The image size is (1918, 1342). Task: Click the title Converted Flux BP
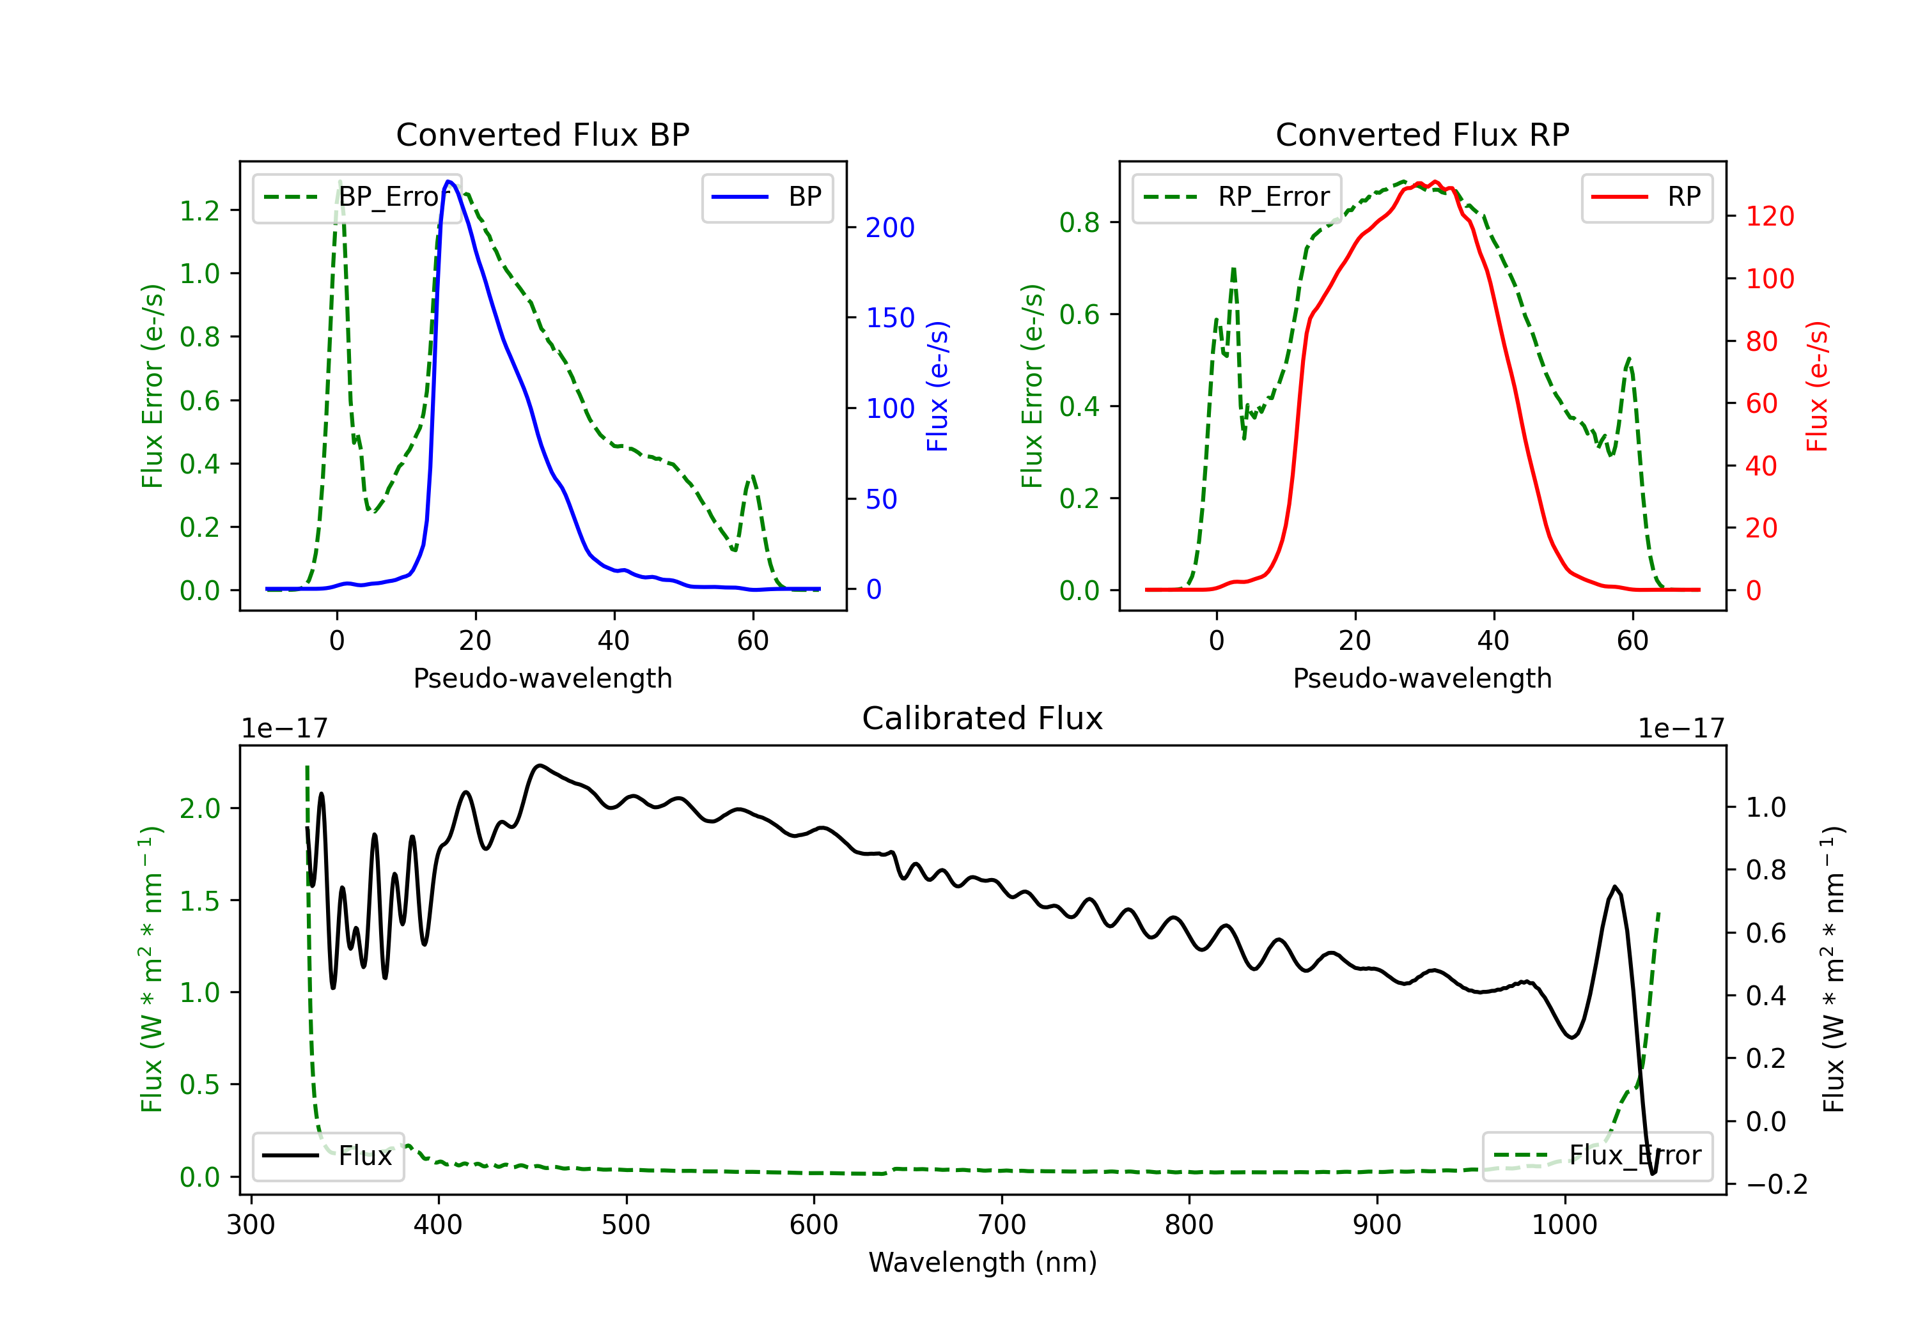click(542, 134)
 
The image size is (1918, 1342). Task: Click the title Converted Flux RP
click(1422, 134)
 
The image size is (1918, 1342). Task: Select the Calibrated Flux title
click(983, 718)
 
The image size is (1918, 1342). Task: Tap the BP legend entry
click(767, 197)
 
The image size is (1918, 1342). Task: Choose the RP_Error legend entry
click(1236, 197)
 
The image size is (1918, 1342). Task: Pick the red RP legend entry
click(1646, 197)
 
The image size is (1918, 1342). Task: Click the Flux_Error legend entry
click(1597, 1156)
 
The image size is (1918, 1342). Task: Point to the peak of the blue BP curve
click(449, 181)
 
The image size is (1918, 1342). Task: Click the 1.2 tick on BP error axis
click(199, 210)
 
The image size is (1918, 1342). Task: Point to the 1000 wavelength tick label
click(1564, 1225)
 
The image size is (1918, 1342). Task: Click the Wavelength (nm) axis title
click(983, 1262)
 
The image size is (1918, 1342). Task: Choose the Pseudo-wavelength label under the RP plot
click(1422, 678)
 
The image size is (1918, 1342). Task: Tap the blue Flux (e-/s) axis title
click(937, 387)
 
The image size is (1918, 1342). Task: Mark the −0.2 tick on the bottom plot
click(1777, 1184)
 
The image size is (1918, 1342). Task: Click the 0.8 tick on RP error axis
click(1079, 222)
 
